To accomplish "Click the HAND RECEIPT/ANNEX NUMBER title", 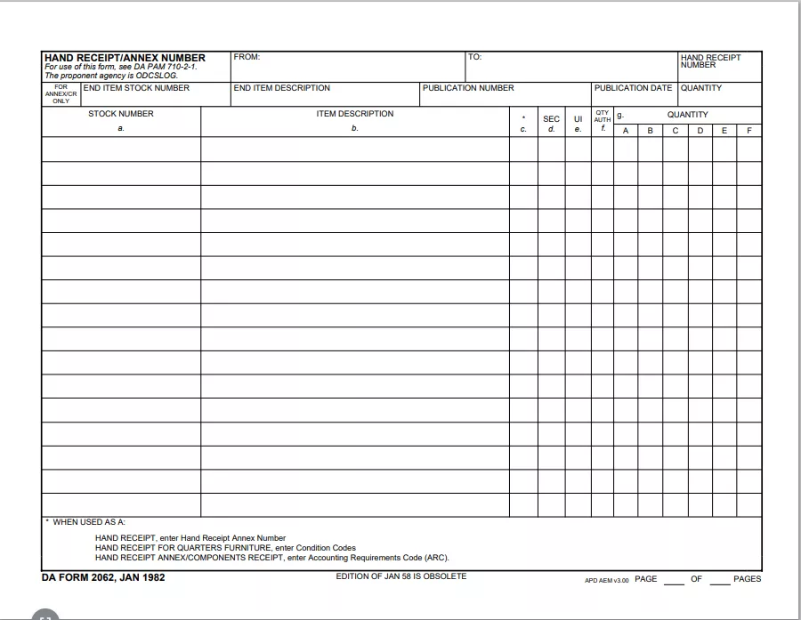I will pyautogui.click(x=125, y=58).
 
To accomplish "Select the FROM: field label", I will pyautogui.click(x=247, y=57).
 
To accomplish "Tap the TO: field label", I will pyautogui.click(x=474, y=57).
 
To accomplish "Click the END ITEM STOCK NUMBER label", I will pyautogui.click(x=136, y=88).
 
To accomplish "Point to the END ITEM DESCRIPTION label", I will pyautogui.click(x=281, y=88).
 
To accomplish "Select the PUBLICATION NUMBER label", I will pyautogui.click(x=468, y=88).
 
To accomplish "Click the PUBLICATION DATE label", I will pyautogui.click(x=633, y=88).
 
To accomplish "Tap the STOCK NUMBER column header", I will pyautogui.click(x=121, y=114).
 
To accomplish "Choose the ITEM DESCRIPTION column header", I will pyautogui.click(x=354, y=114).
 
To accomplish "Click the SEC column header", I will pyautogui.click(x=551, y=119).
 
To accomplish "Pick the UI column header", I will pyautogui.click(x=578, y=119).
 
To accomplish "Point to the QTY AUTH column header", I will pyautogui.click(x=603, y=117).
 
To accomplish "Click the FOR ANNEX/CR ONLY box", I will pyautogui.click(x=61, y=94).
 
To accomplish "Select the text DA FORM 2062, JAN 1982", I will pyautogui.click(x=103, y=577).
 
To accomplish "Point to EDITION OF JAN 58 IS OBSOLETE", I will pyautogui.click(x=400, y=576).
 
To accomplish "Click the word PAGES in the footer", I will pyautogui.click(x=747, y=579).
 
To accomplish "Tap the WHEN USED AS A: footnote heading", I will pyautogui.click(x=88, y=522).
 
